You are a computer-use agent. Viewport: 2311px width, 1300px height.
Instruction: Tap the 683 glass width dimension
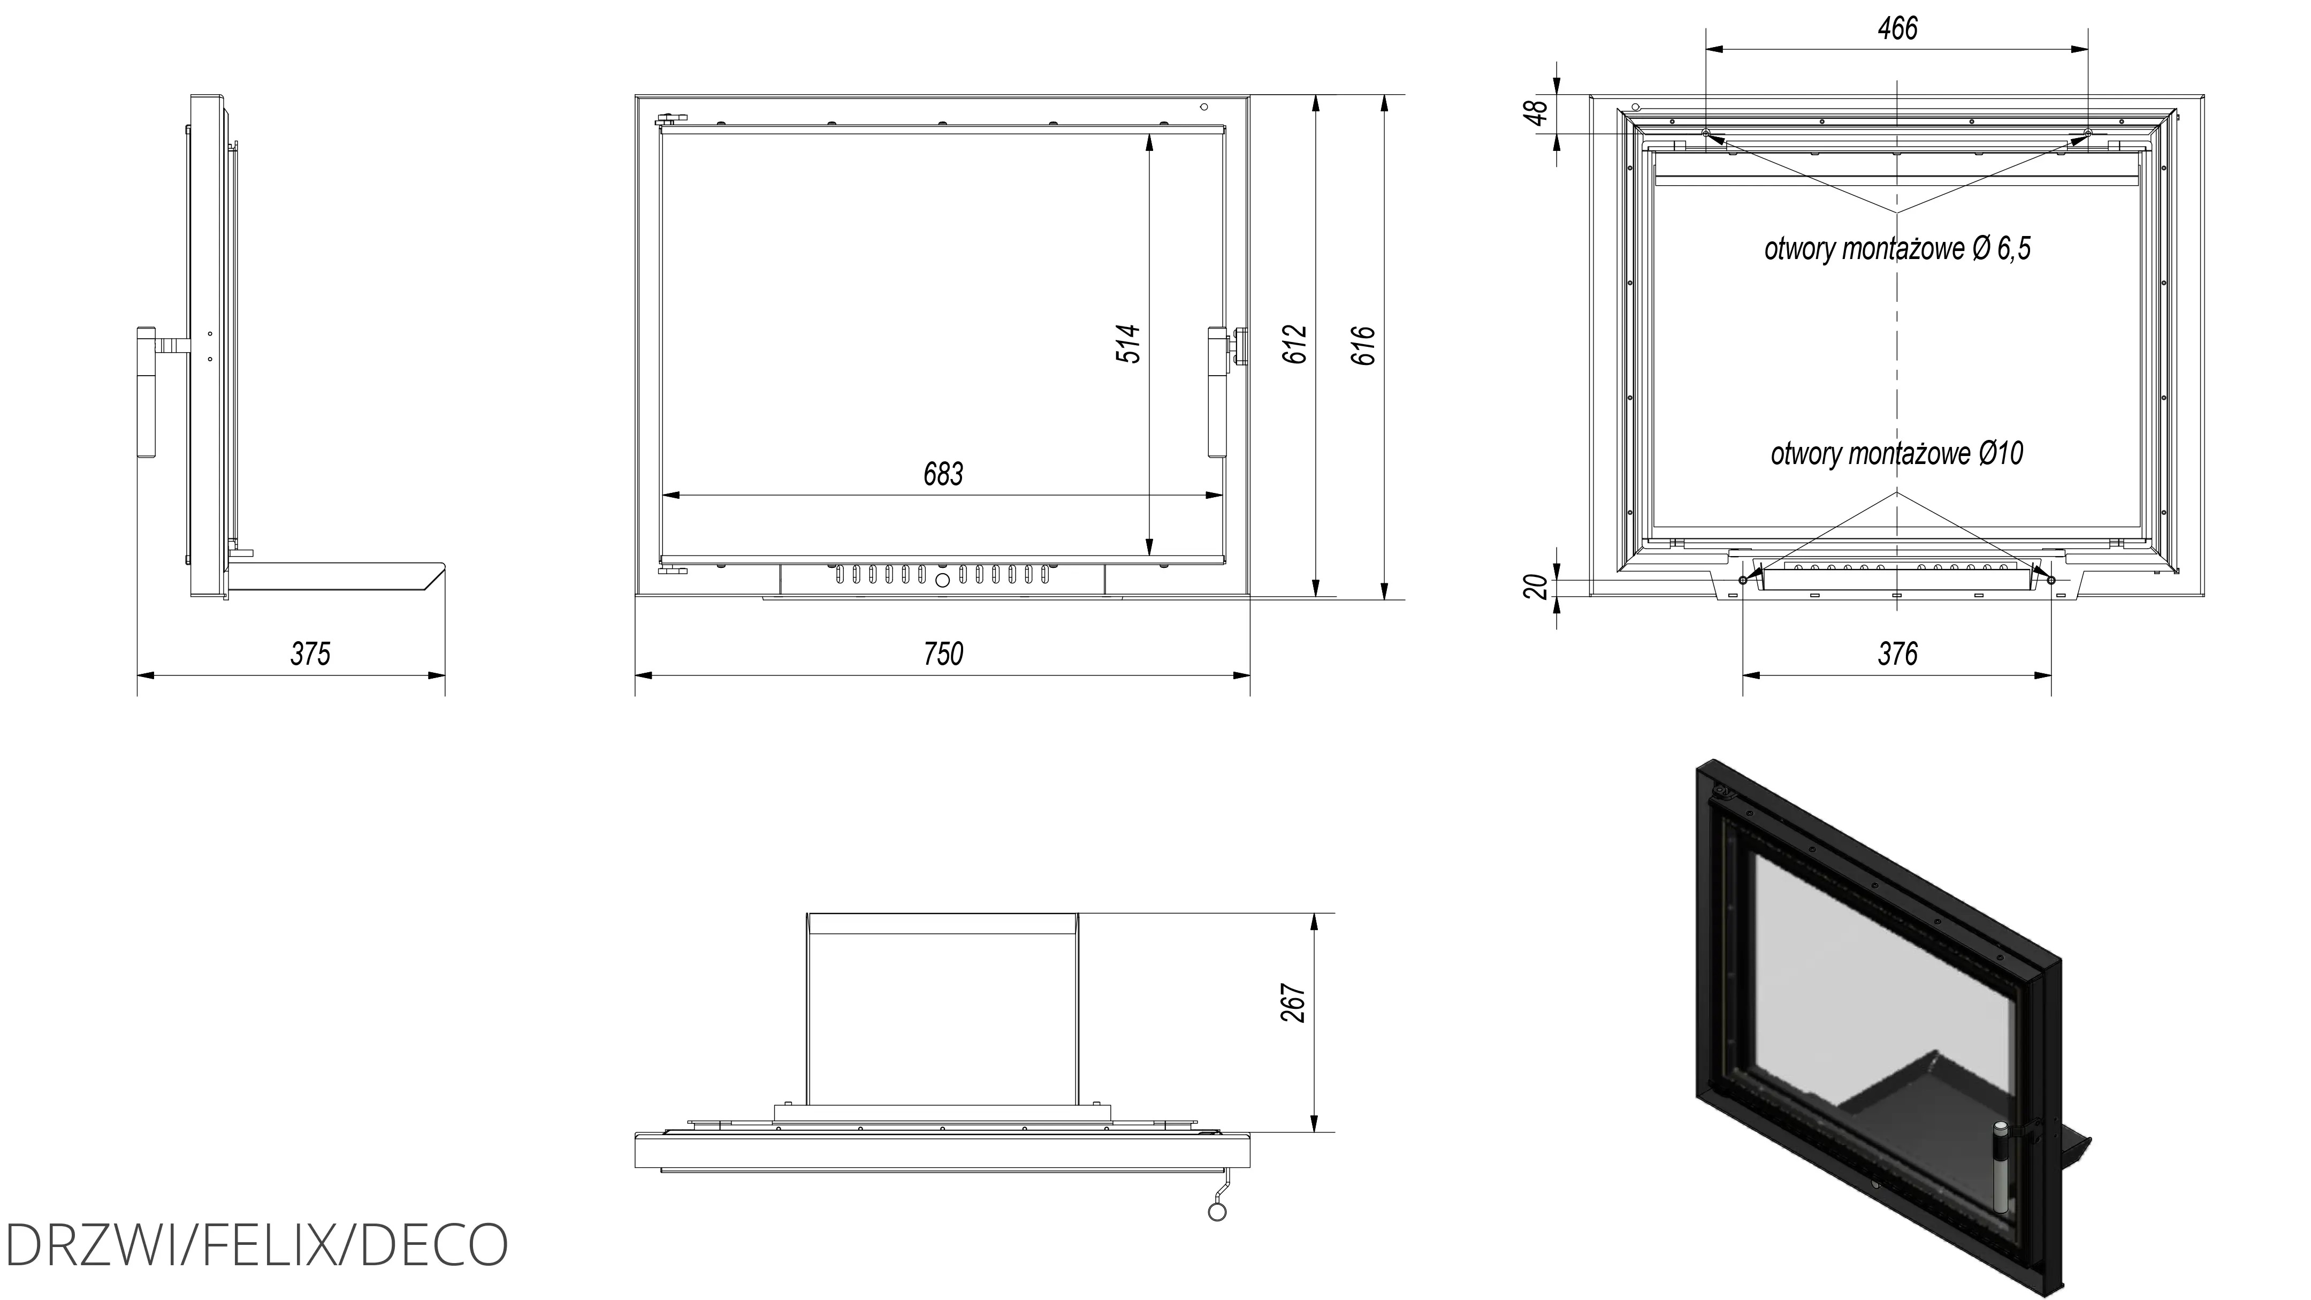943,474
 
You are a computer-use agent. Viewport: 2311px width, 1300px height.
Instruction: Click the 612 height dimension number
1294,345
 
